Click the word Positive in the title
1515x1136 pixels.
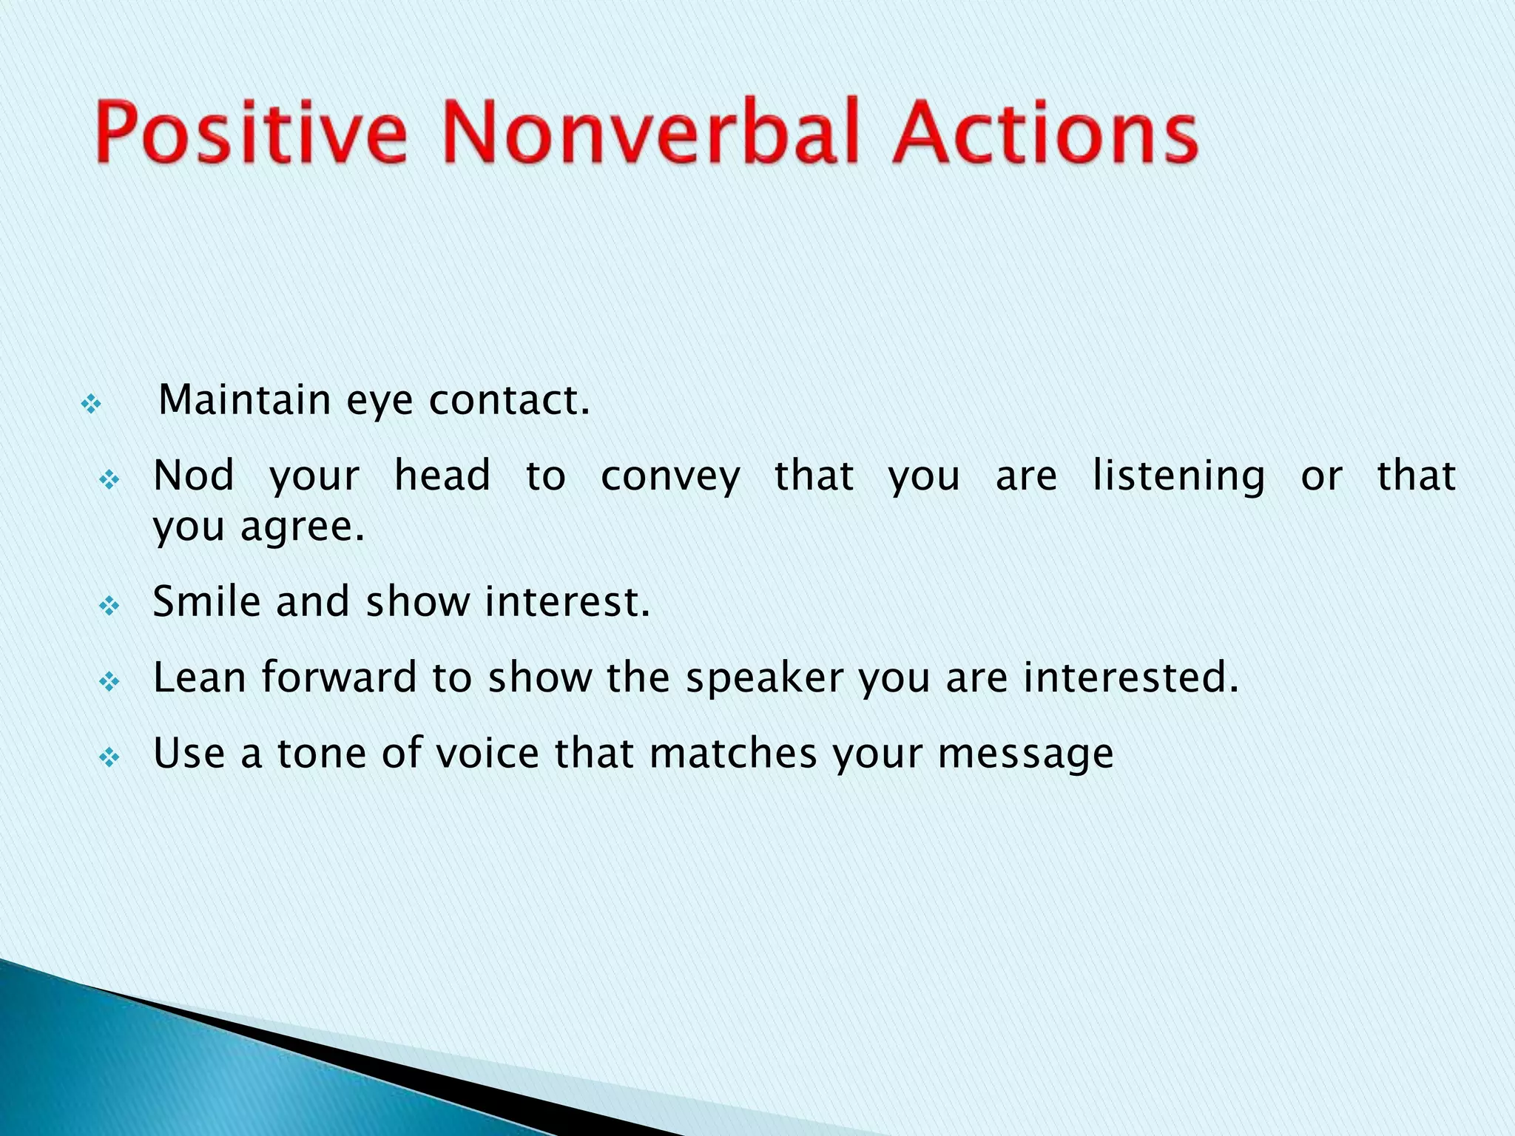(x=252, y=133)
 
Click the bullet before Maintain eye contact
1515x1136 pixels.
(x=91, y=405)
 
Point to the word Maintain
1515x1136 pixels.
(x=244, y=400)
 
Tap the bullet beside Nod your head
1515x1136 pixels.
(x=109, y=481)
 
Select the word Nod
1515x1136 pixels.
(x=194, y=476)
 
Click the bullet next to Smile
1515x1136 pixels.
(x=109, y=607)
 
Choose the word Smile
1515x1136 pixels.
(x=206, y=601)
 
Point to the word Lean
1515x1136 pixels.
(x=199, y=677)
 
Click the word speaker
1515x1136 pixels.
(x=764, y=679)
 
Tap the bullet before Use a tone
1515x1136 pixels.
(x=109, y=758)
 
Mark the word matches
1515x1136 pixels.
(x=733, y=754)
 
